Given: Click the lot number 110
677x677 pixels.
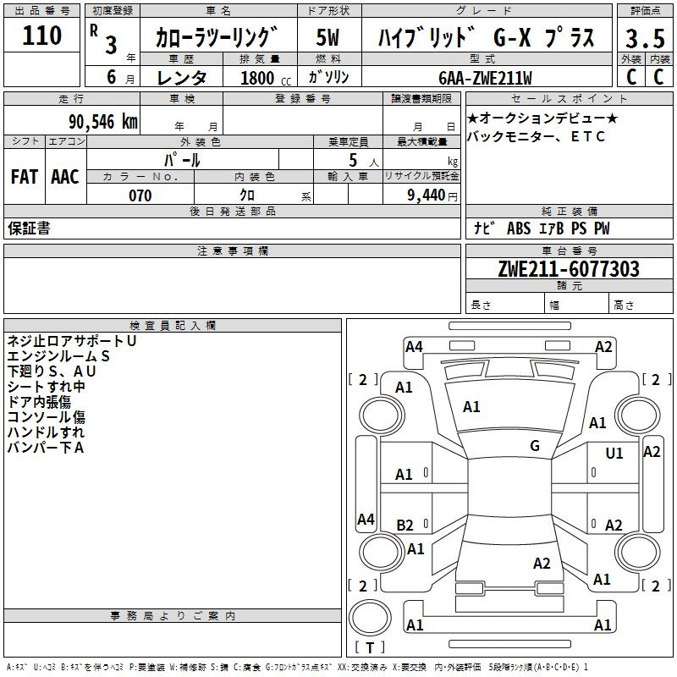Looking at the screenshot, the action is pyautogui.click(x=41, y=36).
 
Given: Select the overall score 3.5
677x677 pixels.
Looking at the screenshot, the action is pyautogui.click(x=645, y=38).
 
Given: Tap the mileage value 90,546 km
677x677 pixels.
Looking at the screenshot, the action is pyautogui.click(x=103, y=122).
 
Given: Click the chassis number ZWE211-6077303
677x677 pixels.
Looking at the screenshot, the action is pyautogui.click(x=569, y=268).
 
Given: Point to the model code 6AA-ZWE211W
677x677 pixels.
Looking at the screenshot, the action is pyautogui.click(x=485, y=78).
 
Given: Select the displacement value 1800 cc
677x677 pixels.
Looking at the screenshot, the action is pyautogui.click(x=266, y=78).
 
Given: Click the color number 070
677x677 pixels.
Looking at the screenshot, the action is pyautogui.click(x=140, y=195).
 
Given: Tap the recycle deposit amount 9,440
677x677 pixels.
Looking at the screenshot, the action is pyautogui.click(x=427, y=195).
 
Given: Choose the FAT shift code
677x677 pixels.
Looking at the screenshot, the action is pyautogui.click(x=25, y=177).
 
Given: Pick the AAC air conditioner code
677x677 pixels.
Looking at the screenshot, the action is pyautogui.click(x=65, y=177).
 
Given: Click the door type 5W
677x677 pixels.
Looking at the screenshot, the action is pyautogui.click(x=327, y=37).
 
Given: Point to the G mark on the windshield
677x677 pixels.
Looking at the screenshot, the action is pyautogui.click(x=535, y=446).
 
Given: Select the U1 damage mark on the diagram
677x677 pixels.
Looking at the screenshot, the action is pyautogui.click(x=614, y=454).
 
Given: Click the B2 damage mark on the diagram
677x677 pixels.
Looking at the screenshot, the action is pyautogui.click(x=405, y=525).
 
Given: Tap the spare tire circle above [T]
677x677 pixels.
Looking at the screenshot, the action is pyautogui.click(x=370, y=618).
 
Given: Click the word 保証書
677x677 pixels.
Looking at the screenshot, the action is pyautogui.click(x=29, y=228).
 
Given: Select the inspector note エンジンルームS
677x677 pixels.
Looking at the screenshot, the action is pyautogui.click(x=58, y=356).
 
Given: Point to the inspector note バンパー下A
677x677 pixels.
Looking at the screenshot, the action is pyautogui.click(x=46, y=448).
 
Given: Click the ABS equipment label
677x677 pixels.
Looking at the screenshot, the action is pyautogui.click(x=519, y=228).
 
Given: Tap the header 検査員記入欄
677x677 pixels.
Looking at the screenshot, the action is pyautogui.click(x=173, y=326).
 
